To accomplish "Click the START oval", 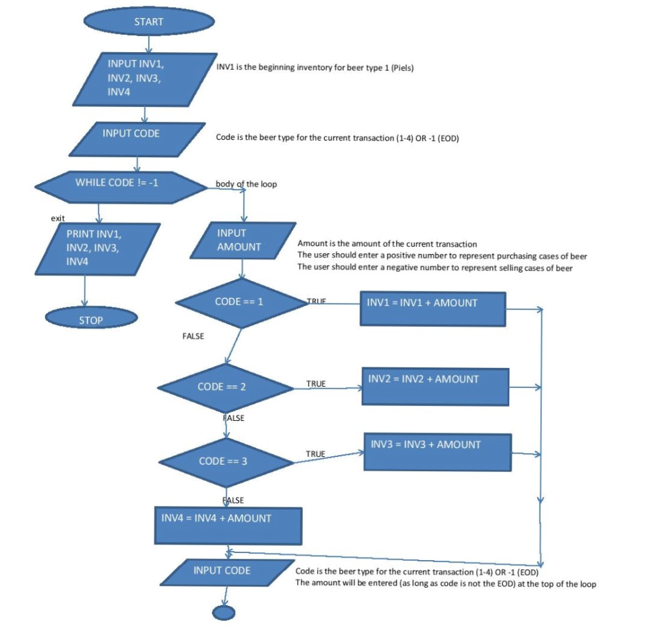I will tap(149, 22).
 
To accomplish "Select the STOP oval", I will tap(91, 320).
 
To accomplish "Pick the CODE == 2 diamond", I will tap(226, 387).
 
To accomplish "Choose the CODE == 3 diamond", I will tap(226, 461).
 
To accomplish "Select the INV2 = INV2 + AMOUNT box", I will tap(435, 387).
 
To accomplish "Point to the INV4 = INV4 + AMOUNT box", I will tap(228, 525).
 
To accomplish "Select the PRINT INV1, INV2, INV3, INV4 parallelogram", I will tap(102, 248).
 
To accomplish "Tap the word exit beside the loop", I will tap(58, 218).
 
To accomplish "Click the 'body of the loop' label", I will tap(246, 184).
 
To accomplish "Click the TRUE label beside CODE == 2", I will tap(316, 383).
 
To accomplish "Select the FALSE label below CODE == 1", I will tap(193, 336).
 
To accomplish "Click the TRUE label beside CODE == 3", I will tap(315, 454).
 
